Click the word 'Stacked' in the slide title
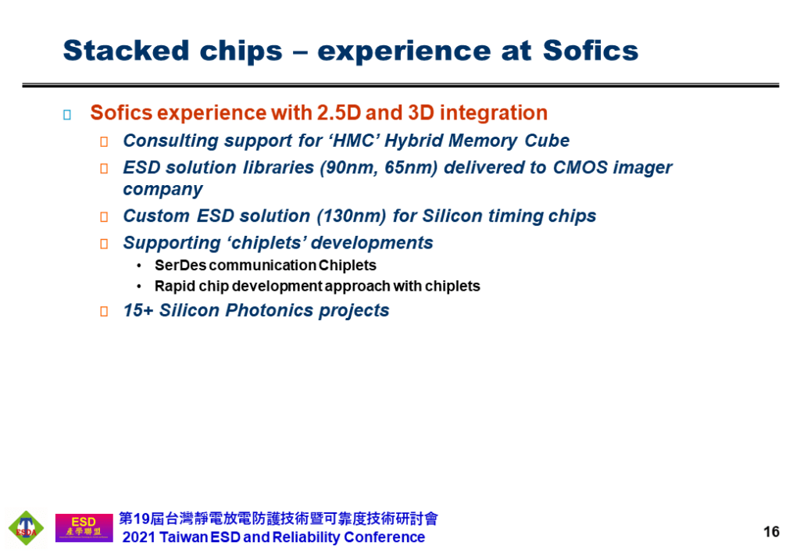[126, 51]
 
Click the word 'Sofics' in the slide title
[591, 51]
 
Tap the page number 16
[771, 532]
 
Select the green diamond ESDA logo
[26, 528]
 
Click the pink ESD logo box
[84, 527]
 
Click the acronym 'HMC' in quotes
[355, 141]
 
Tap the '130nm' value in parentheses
[351, 216]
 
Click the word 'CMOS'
[580, 167]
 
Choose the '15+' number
[138, 310]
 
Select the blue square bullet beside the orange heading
[67, 115]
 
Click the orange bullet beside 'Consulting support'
[104, 142]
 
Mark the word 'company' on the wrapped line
[162, 190]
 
